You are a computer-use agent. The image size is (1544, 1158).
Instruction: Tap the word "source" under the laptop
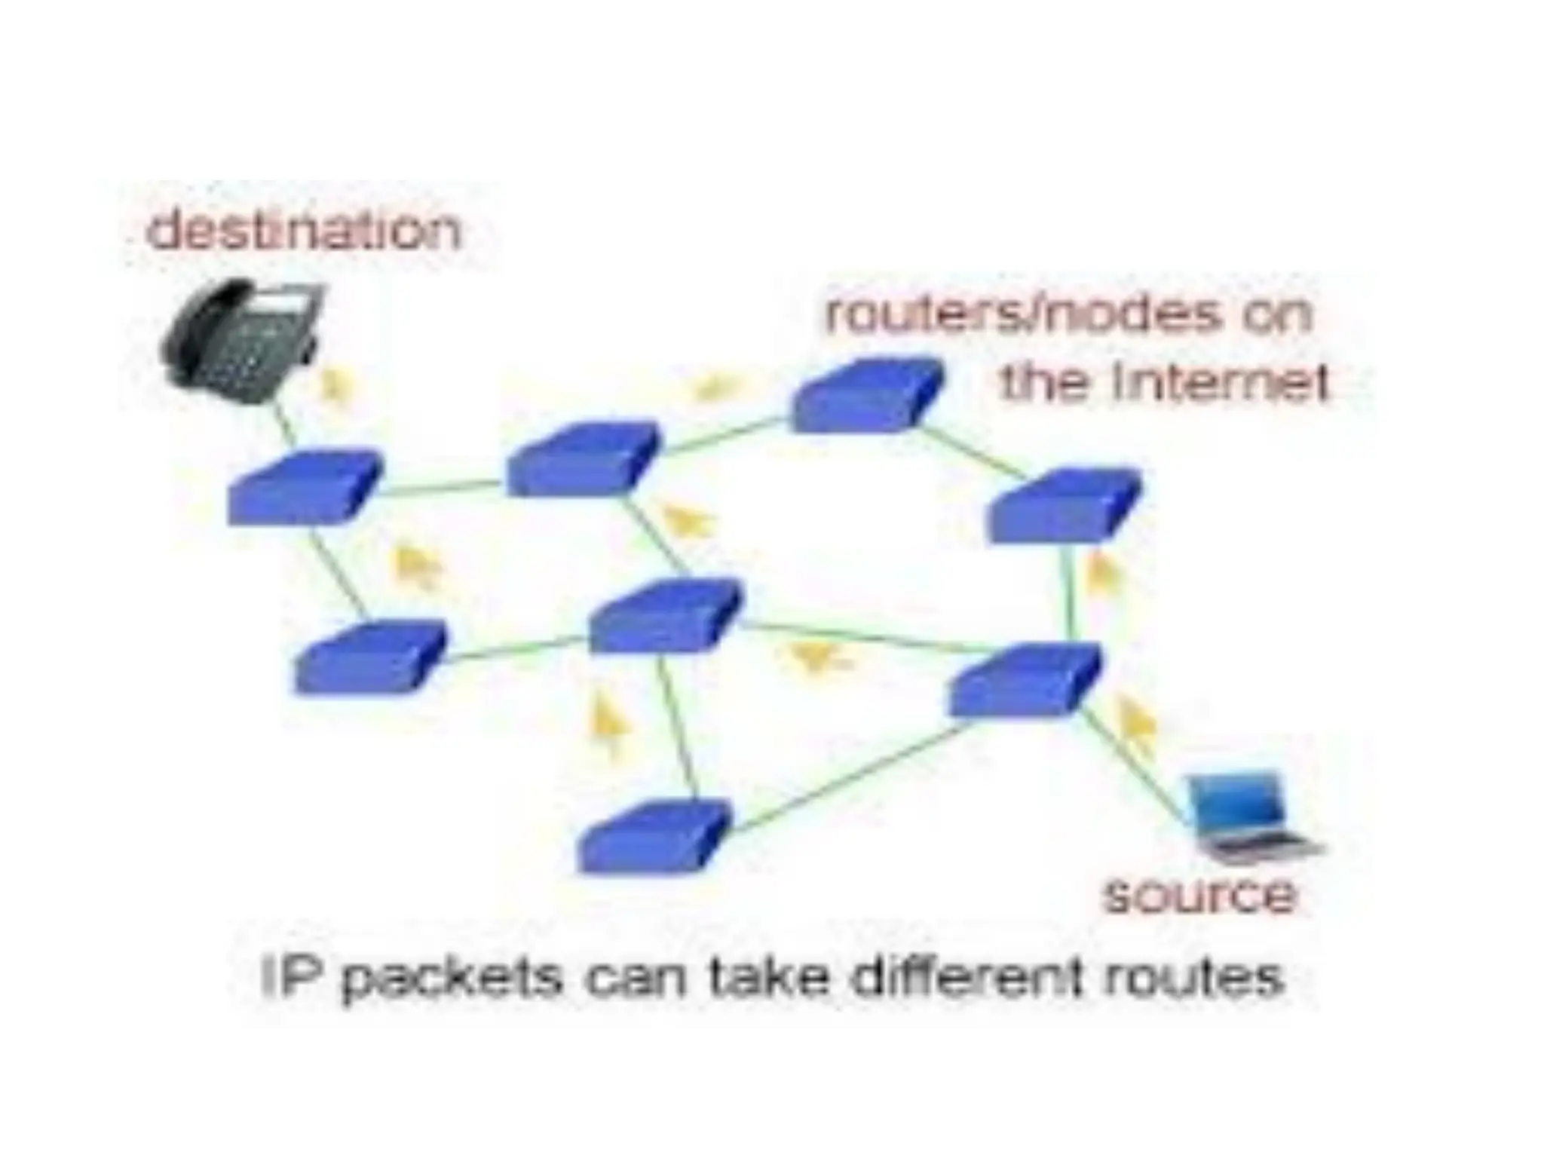[1199, 895]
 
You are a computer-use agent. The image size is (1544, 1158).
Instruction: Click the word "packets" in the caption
[452, 979]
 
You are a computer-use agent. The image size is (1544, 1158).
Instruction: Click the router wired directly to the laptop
[1025, 679]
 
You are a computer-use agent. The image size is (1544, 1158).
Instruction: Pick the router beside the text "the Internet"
[867, 396]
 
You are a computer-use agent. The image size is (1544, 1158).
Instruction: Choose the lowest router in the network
[653, 837]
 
